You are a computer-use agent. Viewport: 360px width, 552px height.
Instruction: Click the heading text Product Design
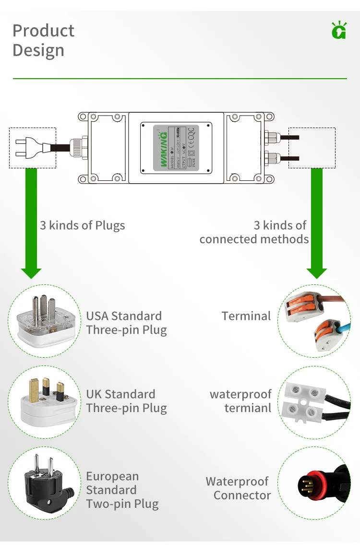point(43,40)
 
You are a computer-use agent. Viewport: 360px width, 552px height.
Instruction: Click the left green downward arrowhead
point(32,272)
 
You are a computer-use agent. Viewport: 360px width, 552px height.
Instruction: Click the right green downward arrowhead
point(317,272)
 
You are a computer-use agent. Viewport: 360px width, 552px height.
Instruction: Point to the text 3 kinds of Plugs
point(82,225)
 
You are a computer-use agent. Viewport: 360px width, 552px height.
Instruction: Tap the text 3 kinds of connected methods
point(254,232)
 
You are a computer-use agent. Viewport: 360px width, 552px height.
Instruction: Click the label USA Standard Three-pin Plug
point(126,323)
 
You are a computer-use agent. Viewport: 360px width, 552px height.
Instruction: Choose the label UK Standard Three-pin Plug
point(126,401)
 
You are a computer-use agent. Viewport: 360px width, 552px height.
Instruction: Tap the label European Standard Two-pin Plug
point(122,490)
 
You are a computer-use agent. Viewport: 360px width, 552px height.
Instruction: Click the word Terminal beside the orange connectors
point(246,316)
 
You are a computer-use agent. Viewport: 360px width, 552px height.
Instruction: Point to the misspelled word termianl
point(248,408)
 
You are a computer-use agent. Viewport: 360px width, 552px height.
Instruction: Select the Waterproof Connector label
point(238,488)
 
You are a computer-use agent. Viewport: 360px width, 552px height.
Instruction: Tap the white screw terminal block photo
point(307,401)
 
